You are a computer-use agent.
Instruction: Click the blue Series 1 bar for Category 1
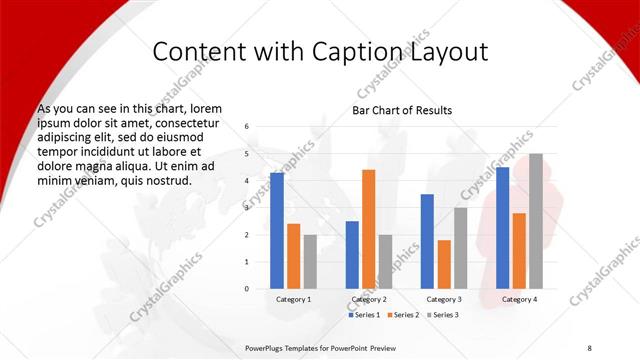click(277, 231)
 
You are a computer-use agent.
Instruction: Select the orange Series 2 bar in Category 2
click(369, 229)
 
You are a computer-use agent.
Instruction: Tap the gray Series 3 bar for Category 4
click(536, 221)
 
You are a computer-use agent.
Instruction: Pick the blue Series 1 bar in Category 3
click(427, 241)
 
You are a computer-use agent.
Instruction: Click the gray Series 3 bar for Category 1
click(310, 262)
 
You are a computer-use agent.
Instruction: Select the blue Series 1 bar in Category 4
click(502, 228)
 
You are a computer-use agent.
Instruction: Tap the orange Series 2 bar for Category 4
click(519, 251)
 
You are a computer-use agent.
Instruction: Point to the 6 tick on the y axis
click(246, 127)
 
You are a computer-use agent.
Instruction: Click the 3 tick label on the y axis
click(246, 208)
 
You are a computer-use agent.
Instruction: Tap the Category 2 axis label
click(369, 299)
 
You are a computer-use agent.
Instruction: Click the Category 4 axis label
click(519, 299)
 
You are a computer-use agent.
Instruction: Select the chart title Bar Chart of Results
click(402, 110)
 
